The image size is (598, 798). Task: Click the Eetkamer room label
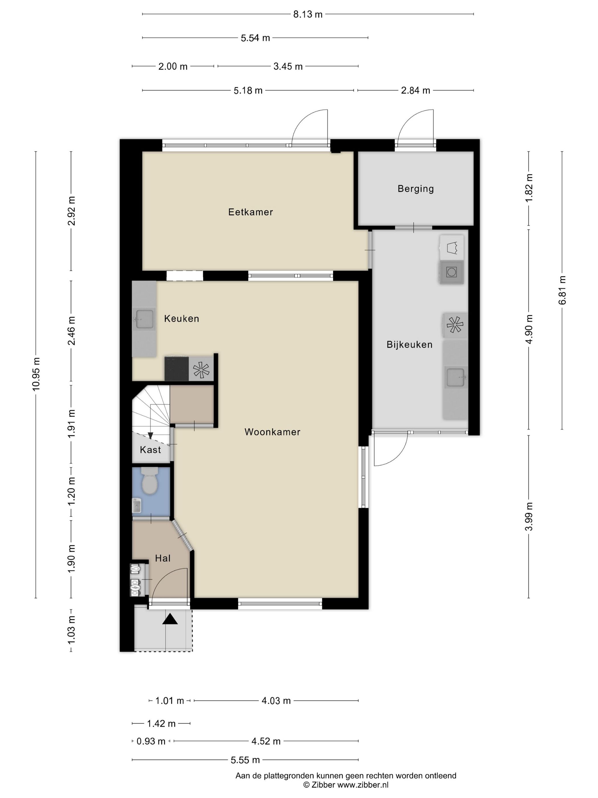(251, 212)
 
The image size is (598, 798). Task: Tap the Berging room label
(415, 189)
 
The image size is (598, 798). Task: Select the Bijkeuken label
(409, 345)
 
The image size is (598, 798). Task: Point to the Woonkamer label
(272, 432)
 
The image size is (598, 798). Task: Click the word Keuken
(182, 319)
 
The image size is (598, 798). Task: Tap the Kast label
(150, 449)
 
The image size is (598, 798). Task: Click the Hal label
(163, 558)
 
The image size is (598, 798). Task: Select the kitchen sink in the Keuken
(144, 319)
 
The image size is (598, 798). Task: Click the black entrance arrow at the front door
(170, 619)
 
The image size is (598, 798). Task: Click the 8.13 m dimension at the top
(308, 15)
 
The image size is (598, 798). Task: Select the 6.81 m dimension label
(562, 290)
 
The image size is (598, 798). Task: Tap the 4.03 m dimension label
(276, 701)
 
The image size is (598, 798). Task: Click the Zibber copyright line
(346, 785)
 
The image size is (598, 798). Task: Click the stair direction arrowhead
(150, 436)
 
